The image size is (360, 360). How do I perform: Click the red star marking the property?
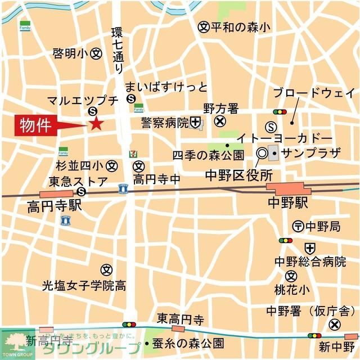pyautogui.click(x=96, y=124)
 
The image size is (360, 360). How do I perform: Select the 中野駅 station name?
pyautogui.click(x=287, y=203)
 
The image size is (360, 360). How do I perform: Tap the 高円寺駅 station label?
pyautogui.click(x=54, y=206)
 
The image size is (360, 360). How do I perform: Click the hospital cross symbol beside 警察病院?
pyautogui.click(x=195, y=121)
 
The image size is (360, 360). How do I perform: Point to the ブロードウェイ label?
pyautogui.click(x=313, y=93)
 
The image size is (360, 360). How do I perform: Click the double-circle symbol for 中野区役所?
pyautogui.click(x=262, y=152)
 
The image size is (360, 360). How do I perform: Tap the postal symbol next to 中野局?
pyautogui.click(x=298, y=226)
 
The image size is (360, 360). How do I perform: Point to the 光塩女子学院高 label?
pyautogui.click(x=84, y=285)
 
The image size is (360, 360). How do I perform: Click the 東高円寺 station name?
pyautogui.click(x=180, y=319)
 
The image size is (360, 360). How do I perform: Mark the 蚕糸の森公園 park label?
pyautogui.click(x=188, y=343)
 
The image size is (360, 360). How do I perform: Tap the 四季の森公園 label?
pyautogui.click(x=208, y=155)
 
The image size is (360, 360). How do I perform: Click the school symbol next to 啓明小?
pyautogui.click(x=96, y=54)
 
